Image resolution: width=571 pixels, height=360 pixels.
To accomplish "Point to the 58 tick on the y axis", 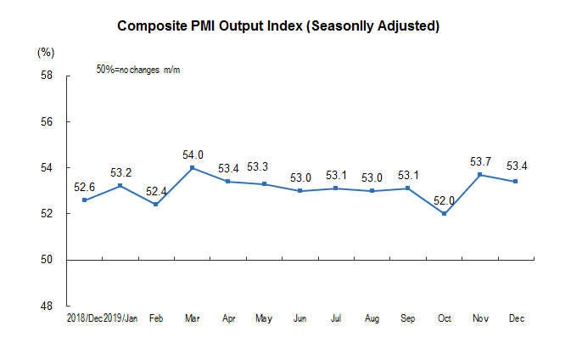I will (x=47, y=76).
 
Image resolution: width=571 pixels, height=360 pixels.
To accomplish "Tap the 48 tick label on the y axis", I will (x=47, y=306).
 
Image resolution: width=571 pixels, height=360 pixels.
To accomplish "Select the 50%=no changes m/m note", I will (x=138, y=69).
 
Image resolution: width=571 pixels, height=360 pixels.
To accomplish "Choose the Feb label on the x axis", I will (x=157, y=318).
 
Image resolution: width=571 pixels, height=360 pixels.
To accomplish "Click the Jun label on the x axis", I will (x=299, y=318).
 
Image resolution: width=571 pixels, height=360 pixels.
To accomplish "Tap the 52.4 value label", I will (x=157, y=192).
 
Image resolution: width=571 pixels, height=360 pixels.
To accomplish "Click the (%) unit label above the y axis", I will (x=46, y=53).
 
